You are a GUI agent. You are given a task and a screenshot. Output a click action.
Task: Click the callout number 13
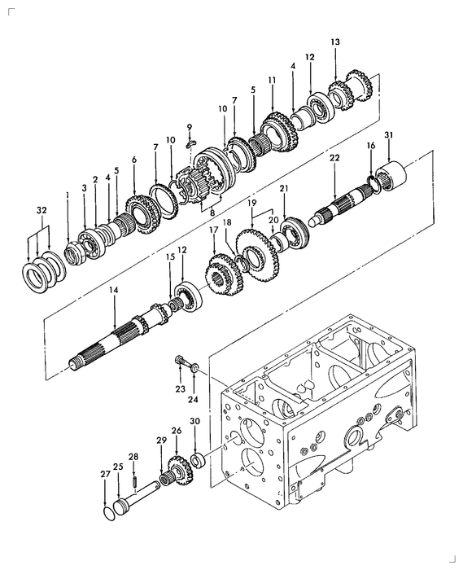(x=335, y=42)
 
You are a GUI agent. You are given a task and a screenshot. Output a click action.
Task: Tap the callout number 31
(x=388, y=135)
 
